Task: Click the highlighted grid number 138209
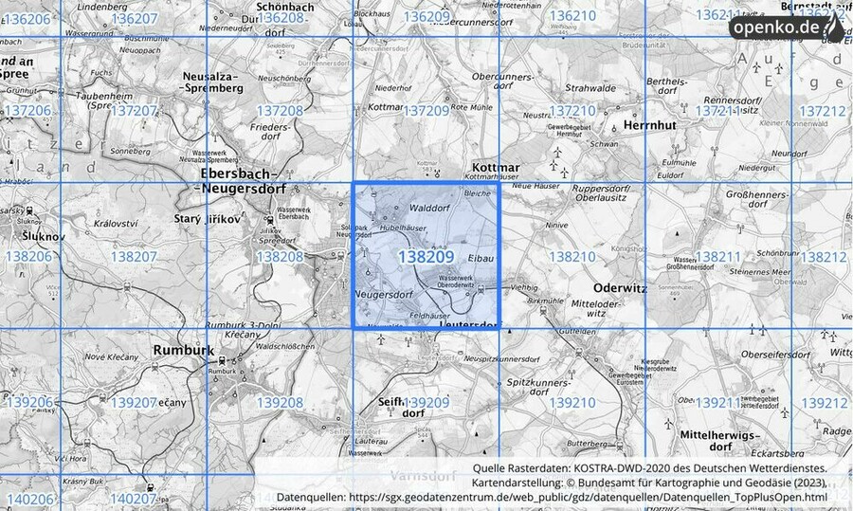(x=425, y=257)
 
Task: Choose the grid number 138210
(x=572, y=257)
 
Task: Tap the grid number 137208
(x=280, y=112)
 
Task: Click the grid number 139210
(x=572, y=403)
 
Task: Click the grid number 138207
(x=134, y=257)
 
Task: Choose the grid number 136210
(x=572, y=17)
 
